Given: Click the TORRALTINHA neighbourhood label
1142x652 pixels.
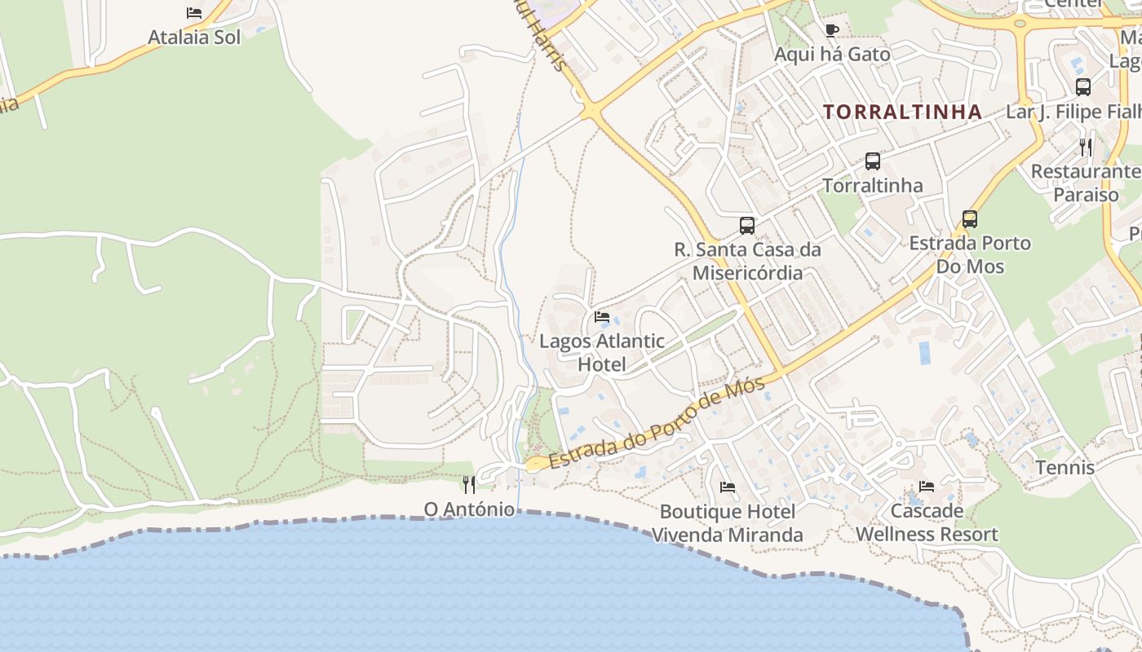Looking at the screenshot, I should coord(902,112).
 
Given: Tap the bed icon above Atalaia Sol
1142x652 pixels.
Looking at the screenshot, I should coord(194,13).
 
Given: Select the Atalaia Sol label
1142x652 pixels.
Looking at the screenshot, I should coord(194,37).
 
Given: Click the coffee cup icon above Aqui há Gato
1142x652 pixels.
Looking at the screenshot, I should coord(832,31).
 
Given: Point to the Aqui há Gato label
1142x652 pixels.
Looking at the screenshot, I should coord(832,55).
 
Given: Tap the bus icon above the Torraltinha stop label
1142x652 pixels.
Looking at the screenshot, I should coord(873,161).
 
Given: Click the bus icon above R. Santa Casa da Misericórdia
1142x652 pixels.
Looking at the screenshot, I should coord(747,226).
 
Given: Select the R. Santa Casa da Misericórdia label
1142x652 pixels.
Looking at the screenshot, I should coord(747,261).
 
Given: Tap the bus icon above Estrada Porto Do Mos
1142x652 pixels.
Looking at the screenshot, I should coord(970,219).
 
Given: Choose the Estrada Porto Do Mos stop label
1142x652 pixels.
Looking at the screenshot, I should coord(970,254).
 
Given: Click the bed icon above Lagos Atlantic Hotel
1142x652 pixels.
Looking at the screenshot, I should coord(602,317).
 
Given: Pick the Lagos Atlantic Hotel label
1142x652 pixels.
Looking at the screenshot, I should coord(602,352).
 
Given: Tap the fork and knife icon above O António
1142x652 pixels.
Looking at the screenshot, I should coord(469,485).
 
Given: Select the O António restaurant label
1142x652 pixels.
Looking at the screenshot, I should coord(469,510).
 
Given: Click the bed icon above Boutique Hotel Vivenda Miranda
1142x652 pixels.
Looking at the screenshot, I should coord(728,487).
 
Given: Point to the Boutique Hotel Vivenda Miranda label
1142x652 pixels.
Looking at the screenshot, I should coord(728,523).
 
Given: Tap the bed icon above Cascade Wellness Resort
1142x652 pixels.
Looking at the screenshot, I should coord(927,487).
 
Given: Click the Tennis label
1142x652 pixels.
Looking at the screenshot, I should coord(1065,468).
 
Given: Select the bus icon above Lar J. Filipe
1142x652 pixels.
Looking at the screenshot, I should coord(1083,87).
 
